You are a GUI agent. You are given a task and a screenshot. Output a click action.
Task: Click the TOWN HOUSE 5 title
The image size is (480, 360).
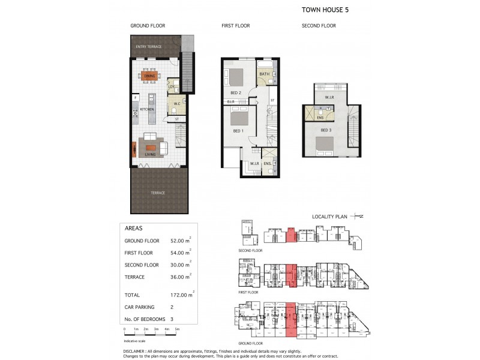[323, 10]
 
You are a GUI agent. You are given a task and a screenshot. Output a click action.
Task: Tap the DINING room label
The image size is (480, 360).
[149, 76]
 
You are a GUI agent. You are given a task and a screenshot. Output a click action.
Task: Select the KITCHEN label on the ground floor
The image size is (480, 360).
[147, 110]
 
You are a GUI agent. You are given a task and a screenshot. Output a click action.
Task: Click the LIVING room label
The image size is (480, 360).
[150, 154]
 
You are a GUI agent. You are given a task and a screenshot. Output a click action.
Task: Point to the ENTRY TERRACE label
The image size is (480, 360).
[149, 47]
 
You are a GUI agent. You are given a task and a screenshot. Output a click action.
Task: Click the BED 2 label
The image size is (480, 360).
[236, 93]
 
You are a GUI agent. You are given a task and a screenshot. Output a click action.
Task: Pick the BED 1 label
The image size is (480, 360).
[238, 130]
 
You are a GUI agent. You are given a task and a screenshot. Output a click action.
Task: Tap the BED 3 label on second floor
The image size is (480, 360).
[325, 130]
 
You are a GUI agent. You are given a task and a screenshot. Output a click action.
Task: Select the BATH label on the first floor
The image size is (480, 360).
[264, 74]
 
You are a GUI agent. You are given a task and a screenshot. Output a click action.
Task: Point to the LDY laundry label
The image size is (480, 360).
[171, 87]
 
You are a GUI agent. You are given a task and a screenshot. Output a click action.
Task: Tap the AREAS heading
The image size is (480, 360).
[133, 229]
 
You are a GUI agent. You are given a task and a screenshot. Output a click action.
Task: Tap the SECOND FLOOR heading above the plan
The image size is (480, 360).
[319, 26]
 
